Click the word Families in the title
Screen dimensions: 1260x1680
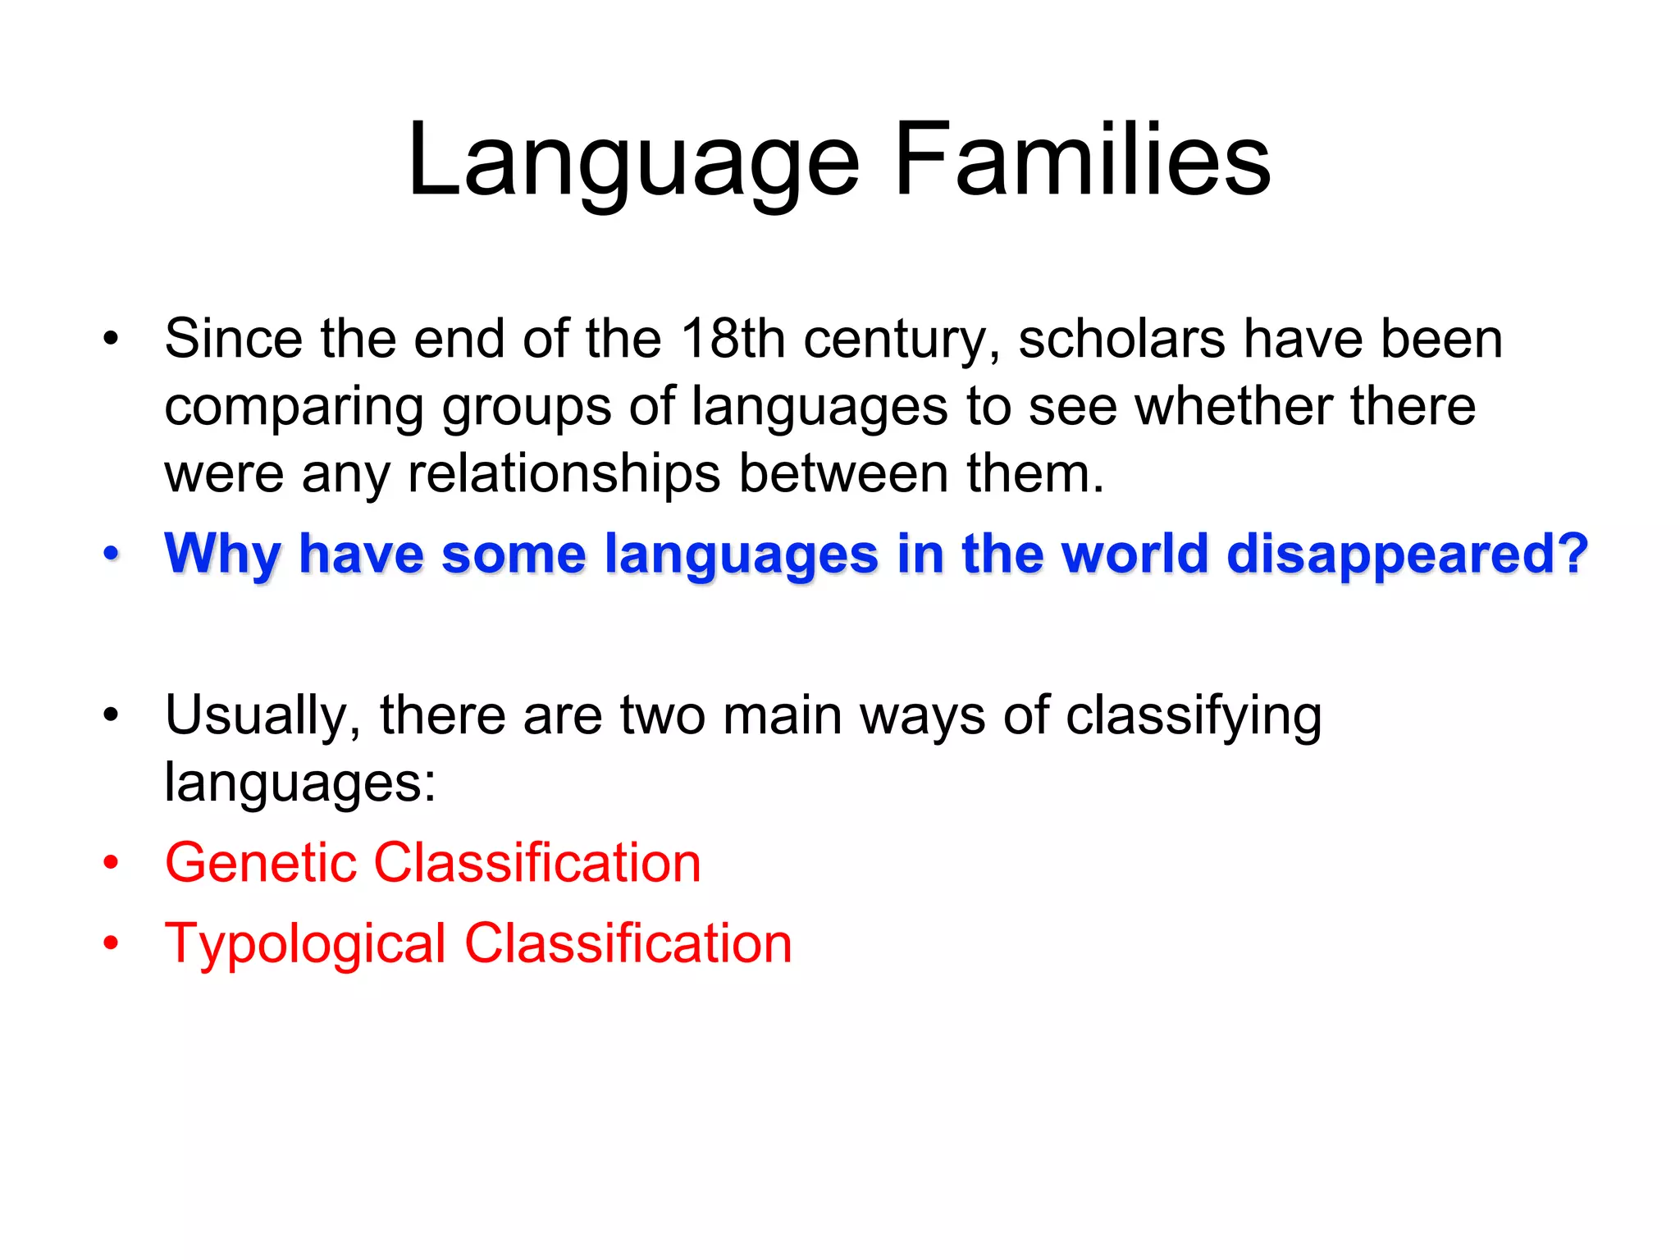(x=1082, y=160)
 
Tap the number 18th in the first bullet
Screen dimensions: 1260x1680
(x=733, y=339)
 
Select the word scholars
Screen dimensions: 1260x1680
(x=1121, y=339)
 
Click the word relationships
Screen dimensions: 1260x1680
(x=564, y=473)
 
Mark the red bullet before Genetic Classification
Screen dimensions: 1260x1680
(x=111, y=863)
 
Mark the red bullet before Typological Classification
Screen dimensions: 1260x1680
(x=111, y=943)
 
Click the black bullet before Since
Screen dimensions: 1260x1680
(x=111, y=338)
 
